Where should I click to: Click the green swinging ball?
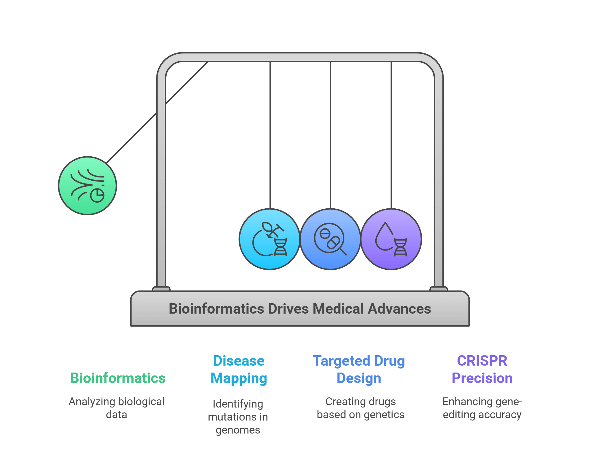click(x=87, y=186)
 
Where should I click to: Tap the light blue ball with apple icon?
click(x=269, y=239)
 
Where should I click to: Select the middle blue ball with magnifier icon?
click(x=330, y=239)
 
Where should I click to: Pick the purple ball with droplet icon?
click(x=391, y=239)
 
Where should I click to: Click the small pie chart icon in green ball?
click(x=97, y=195)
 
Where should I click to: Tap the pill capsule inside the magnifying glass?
click(x=333, y=242)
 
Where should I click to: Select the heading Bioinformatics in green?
click(x=118, y=378)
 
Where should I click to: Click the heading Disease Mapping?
click(x=239, y=369)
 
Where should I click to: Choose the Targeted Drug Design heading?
click(x=359, y=369)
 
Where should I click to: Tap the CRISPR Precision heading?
click(x=482, y=369)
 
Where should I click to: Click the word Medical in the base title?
click(x=339, y=309)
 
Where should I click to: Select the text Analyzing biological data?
click(x=116, y=408)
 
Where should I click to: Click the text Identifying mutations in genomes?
click(x=238, y=416)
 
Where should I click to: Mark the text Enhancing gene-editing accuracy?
click(x=482, y=408)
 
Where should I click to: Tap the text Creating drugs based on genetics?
click(x=360, y=408)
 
